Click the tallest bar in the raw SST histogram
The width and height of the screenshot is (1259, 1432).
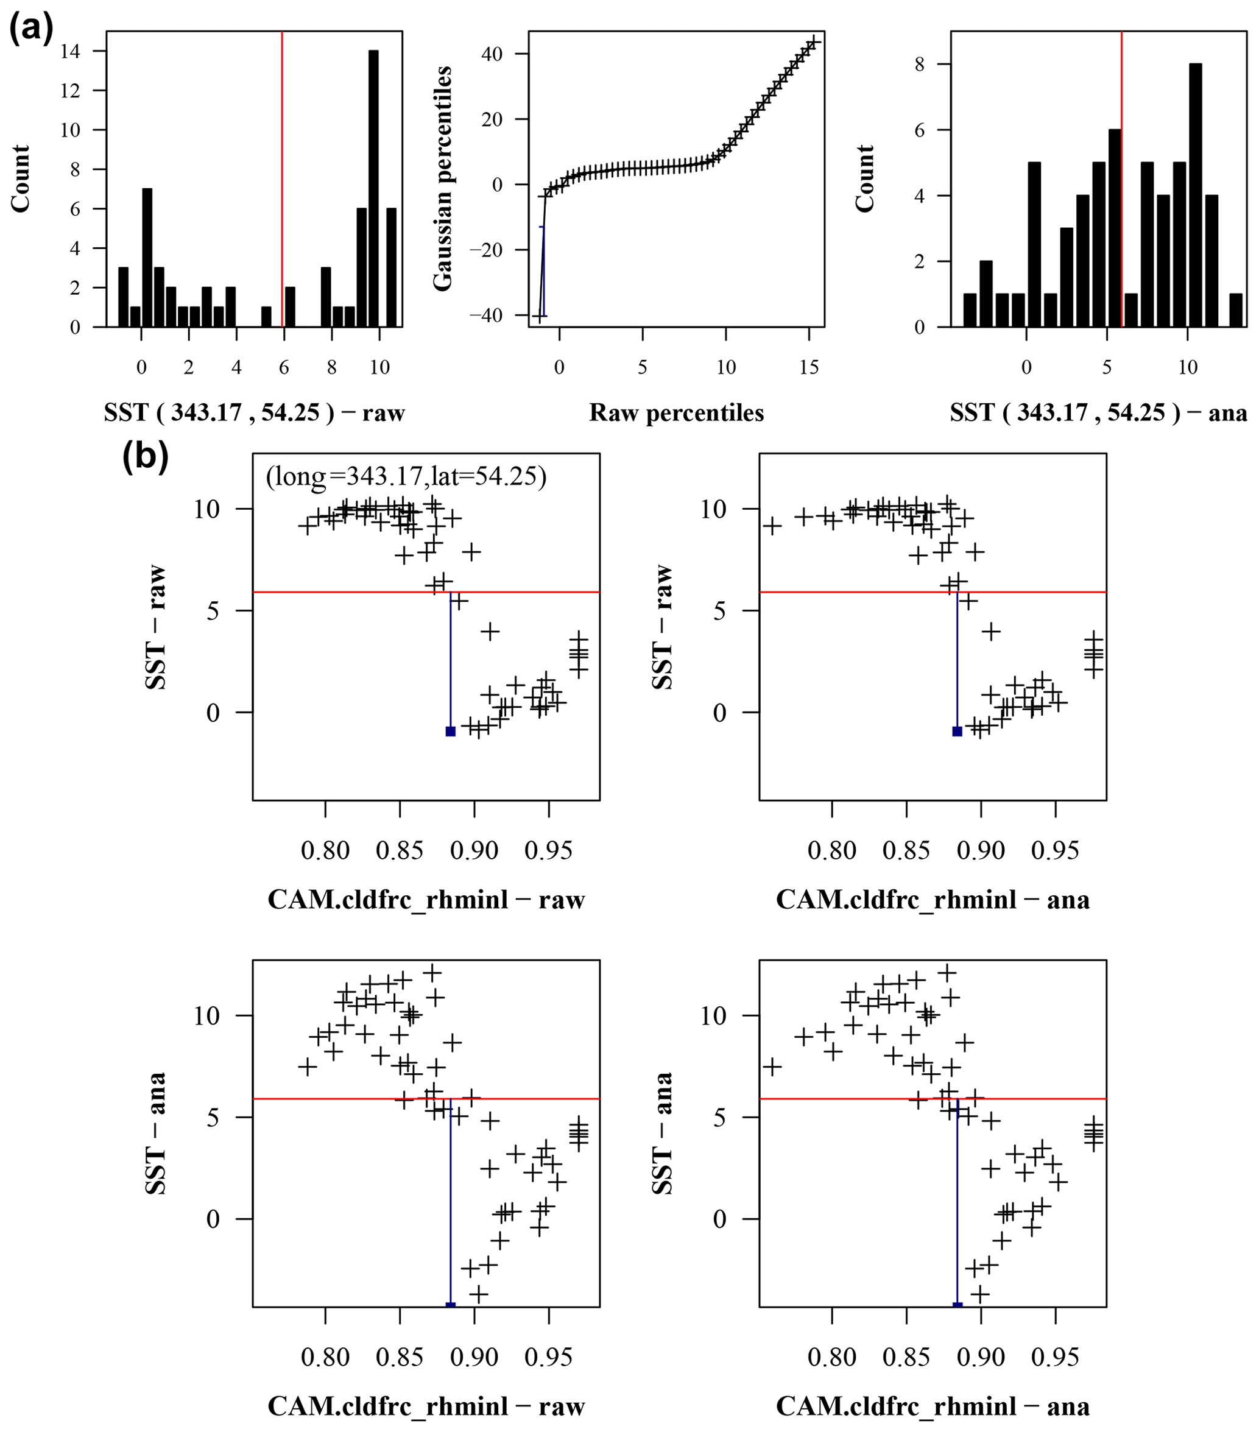click(373, 189)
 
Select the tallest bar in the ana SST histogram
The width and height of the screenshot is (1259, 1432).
click(1195, 196)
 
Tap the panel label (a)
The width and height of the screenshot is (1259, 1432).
click(30, 29)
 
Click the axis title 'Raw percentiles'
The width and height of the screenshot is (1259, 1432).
click(676, 412)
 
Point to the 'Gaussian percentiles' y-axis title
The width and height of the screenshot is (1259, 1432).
click(443, 178)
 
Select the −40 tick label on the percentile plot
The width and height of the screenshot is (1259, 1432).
click(485, 316)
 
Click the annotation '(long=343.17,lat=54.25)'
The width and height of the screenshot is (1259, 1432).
click(406, 476)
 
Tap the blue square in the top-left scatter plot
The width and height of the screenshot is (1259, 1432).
click(451, 732)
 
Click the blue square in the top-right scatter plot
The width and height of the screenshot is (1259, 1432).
click(957, 732)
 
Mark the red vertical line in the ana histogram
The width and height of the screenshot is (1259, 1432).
click(1122, 175)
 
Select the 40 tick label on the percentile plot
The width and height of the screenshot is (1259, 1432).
click(493, 54)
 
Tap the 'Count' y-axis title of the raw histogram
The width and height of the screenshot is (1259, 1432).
click(21, 178)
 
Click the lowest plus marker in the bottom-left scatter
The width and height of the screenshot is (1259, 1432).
click(479, 1294)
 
